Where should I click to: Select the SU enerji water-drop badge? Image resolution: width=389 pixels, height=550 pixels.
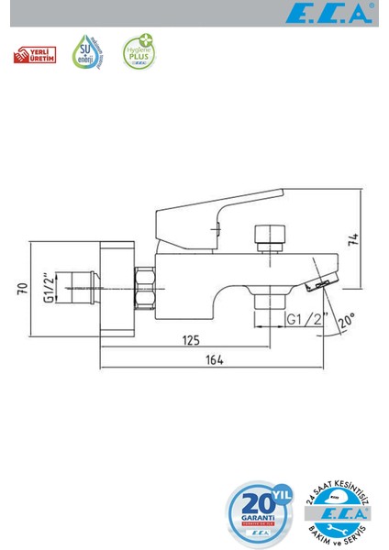pyautogui.click(x=87, y=53)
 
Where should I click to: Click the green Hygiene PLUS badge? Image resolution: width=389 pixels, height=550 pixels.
pyautogui.click(x=139, y=53)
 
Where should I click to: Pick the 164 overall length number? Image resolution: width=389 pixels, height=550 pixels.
pyautogui.click(x=214, y=360)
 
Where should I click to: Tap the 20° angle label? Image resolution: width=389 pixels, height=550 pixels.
pyautogui.click(x=347, y=321)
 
